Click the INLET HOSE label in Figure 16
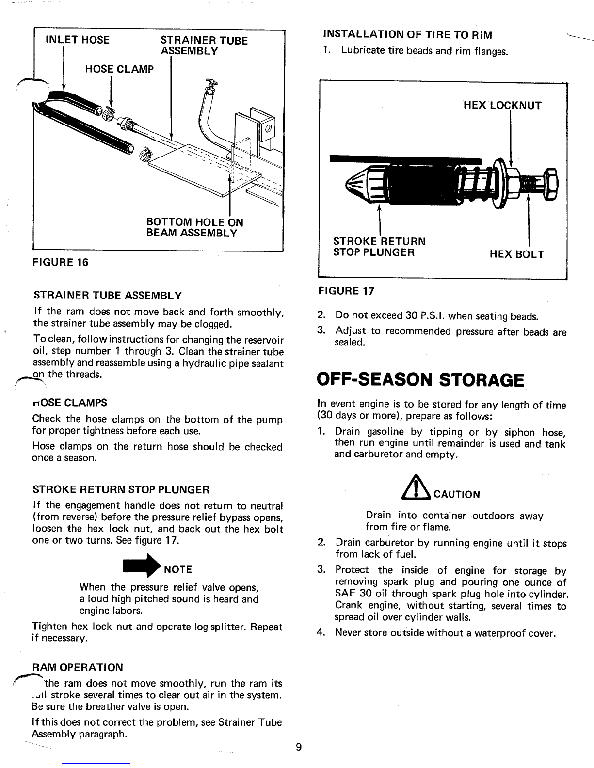click(78, 40)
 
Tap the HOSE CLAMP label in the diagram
click(119, 69)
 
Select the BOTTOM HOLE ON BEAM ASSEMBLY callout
click(194, 228)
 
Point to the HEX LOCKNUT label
click(502, 106)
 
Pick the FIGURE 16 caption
click(61, 263)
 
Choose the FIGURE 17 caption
click(346, 291)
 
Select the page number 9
click(299, 747)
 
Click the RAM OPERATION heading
click(77, 667)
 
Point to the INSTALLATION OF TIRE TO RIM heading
click(407, 35)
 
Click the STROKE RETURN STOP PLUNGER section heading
click(121, 489)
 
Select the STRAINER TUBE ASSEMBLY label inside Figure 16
click(204, 46)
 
